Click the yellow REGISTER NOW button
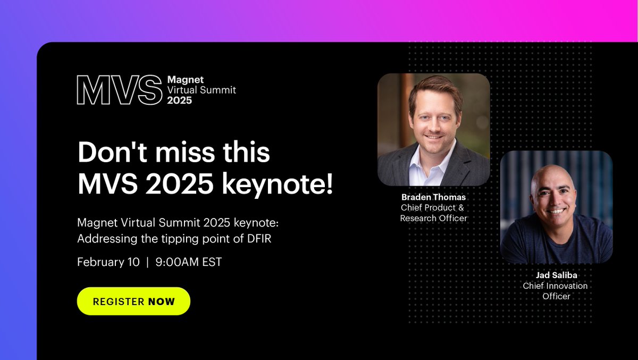pyautogui.click(x=133, y=301)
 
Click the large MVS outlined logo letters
pyautogui.click(x=119, y=90)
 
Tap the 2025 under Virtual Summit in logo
pyautogui.click(x=180, y=100)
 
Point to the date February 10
pyautogui.click(x=108, y=262)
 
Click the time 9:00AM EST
pyautogui.click(x=188, y=262)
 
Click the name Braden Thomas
pyautogui.click(x=433, y=197)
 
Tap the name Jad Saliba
pyautogui.click(x=556, y=275)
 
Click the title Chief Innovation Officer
pyautogui.click(x=556, y=291)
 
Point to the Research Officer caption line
pyautogui.click(x=433, y=218)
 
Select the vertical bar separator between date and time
pyautogui.click(x=148, y=262)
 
